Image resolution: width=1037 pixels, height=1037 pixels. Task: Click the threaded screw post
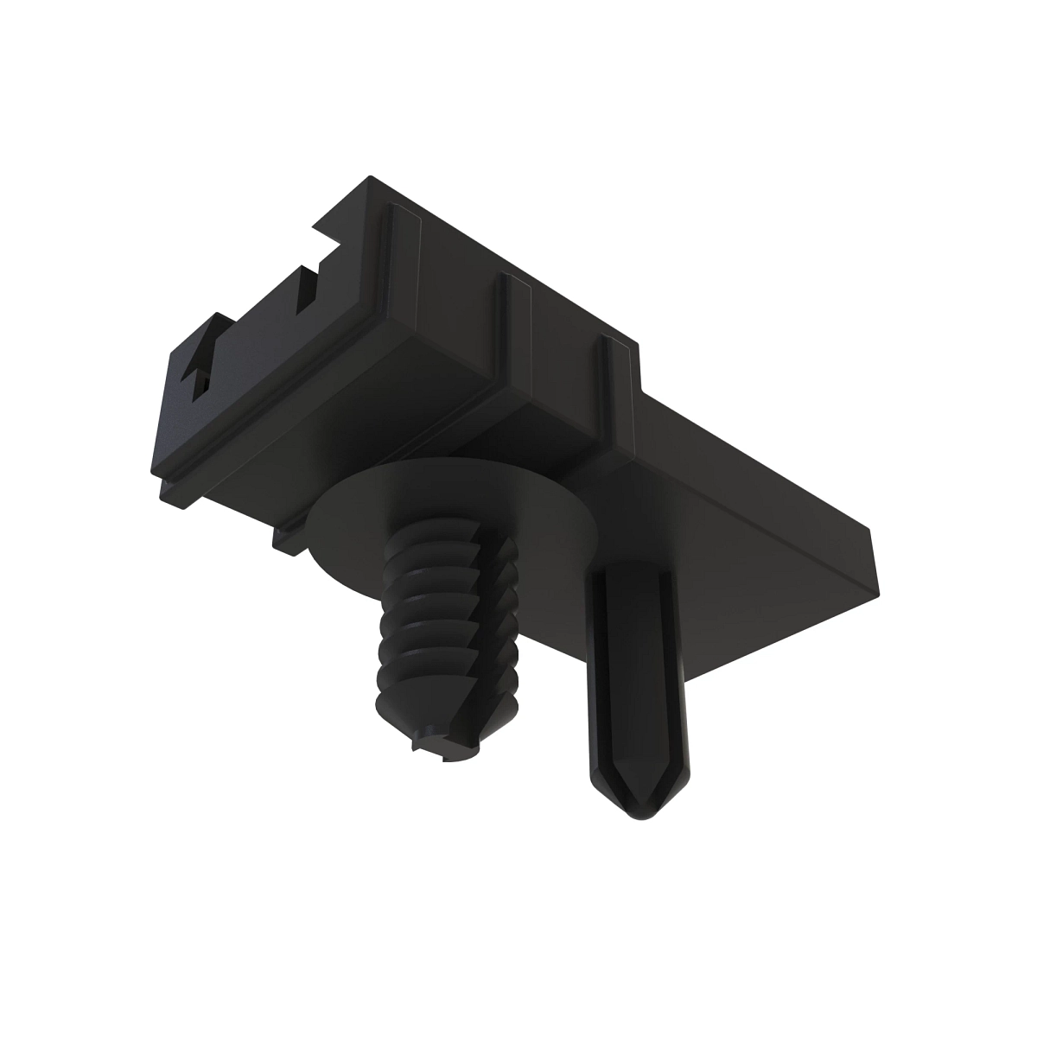(x=441, y=622)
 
